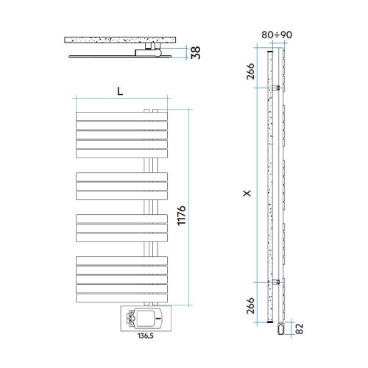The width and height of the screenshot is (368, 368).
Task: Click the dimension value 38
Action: (196, 53)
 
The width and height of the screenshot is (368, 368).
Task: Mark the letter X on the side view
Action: (247, 194)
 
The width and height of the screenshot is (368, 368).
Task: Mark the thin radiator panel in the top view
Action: (103, 55)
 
